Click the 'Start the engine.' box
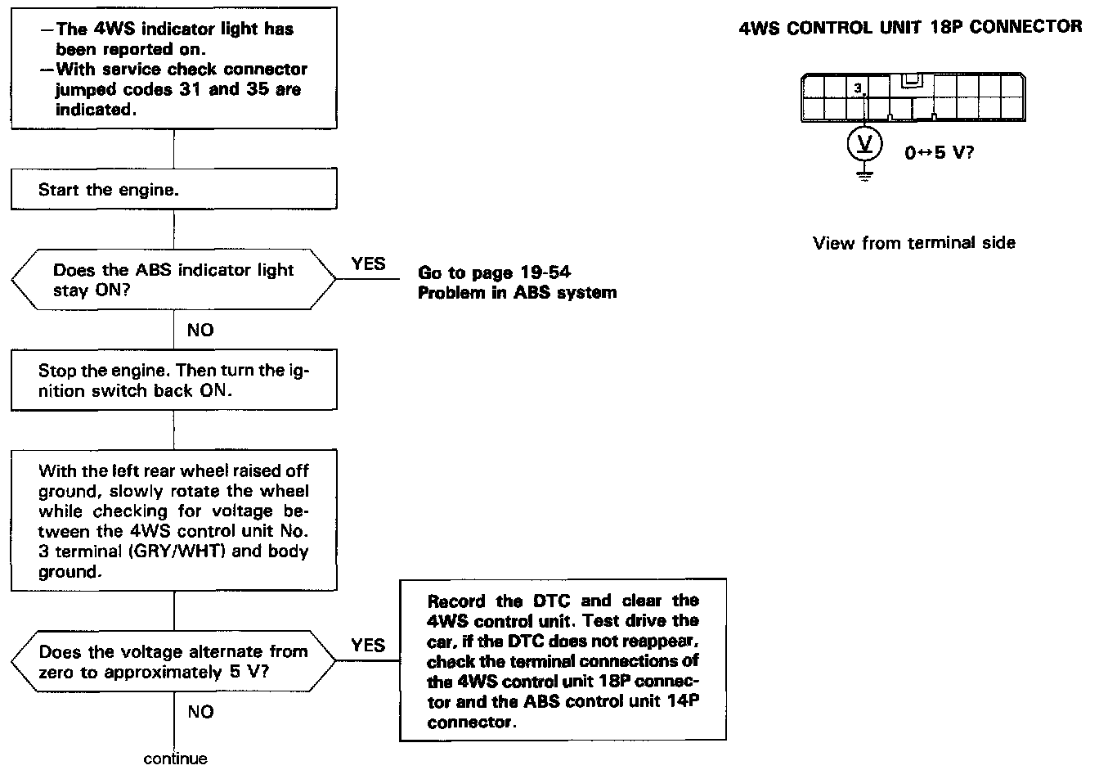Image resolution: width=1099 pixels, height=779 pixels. tap(173, 191)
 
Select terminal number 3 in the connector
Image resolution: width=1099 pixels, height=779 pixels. tap(857, 88)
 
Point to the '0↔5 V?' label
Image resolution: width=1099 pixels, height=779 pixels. tap(939, 152)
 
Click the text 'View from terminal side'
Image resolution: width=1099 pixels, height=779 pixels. tap(914, 242)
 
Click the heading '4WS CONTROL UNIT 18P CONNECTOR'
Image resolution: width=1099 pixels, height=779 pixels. tap(909, 27)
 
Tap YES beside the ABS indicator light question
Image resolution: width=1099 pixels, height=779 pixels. tap(368, 263)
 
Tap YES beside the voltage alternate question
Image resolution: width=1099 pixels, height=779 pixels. tap(368, 645)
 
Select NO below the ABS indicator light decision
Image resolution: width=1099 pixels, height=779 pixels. tap(200, 330)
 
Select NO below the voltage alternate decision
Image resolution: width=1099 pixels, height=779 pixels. tap(200, 712)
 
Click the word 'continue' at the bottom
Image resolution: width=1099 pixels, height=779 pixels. tap(175, 759)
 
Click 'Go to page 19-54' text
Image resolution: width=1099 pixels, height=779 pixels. tap(494, 273)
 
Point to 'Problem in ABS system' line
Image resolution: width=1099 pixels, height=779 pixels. tap(517, 293)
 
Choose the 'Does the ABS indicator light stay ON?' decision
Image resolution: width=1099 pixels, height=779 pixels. tap(173, 280)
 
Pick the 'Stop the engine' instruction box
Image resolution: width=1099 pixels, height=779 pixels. tap(173, 380)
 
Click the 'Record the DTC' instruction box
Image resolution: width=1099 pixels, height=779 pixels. tap(563, 660)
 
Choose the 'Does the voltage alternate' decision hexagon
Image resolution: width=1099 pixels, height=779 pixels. tap(173, 662)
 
